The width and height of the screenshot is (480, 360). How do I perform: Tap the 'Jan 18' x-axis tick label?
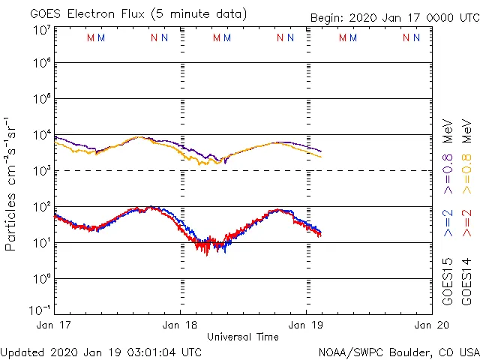click(x=180, y=325)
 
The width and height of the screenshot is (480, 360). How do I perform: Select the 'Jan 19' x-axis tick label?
click(x=306, y=325)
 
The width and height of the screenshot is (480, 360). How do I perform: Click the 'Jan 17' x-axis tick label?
click(x=55, y=325)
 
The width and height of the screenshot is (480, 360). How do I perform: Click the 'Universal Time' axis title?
click(x=243, y=337)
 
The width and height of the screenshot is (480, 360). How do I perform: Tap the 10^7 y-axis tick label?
click(x=41, y=30)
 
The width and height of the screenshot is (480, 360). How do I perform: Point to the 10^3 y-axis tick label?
click(x=41, y=171)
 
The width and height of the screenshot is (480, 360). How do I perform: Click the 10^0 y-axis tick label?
click(x=41, y=279)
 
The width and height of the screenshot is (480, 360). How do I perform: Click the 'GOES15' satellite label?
click(x=448, y=281)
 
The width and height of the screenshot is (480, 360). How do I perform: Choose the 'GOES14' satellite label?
click(x=466, y=281)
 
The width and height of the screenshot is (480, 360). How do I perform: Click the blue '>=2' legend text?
click(x=448, y=223)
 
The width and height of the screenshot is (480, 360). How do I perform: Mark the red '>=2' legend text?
click(x=466, y=223)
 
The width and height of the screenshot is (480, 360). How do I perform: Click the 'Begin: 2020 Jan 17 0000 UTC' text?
click(x=394, y=17)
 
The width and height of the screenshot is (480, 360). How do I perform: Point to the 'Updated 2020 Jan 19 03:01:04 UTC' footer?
click(x=101, y=352)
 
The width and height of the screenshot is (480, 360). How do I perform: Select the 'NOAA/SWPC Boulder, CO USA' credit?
click(x=398, y=352)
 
